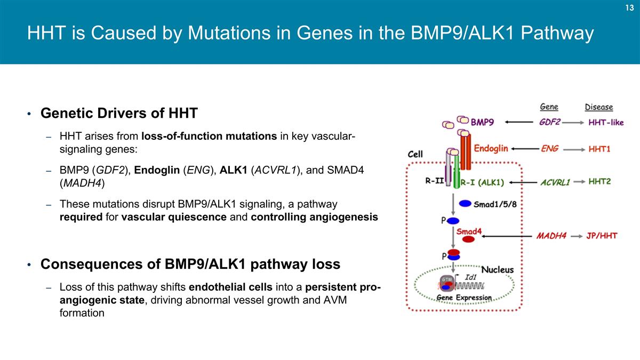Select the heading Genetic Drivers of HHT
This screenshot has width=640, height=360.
119,114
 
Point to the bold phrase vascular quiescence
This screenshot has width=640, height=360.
174,217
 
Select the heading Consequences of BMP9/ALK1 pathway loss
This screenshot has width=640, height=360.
190,265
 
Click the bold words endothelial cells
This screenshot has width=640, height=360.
230,288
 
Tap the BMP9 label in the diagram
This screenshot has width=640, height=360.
482,122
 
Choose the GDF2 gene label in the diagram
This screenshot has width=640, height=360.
549,122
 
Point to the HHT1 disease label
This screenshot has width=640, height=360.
599,149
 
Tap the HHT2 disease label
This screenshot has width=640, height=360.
599,182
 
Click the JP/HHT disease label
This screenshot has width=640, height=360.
602,236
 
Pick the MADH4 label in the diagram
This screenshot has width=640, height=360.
551,236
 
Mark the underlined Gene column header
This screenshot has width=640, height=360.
549,107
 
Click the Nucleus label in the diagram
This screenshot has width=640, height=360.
498,270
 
